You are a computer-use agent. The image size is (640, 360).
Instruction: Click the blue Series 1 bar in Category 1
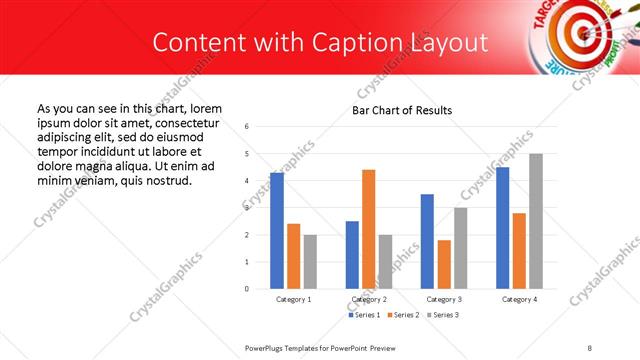(x=277, y=230)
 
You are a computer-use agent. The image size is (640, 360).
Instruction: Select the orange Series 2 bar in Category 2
(x=369, y=229)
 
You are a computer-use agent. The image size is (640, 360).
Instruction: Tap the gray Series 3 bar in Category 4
(x=536, y=221)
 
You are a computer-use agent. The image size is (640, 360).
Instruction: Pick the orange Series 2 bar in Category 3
(x=444, y=264)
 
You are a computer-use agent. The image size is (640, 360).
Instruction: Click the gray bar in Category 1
(x=310, y=261)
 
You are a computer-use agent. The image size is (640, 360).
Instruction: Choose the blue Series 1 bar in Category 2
(x=352, y=255)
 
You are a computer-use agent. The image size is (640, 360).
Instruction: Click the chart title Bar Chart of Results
(x=402, y=110)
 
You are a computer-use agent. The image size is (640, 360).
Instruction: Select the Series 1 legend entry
(x=363, y=315)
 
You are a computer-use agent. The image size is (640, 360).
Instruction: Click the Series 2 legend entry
(x=402, y=315)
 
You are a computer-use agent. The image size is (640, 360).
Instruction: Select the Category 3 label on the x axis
(x=444, y=299)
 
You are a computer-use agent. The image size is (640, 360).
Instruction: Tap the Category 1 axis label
(x=294, y=299)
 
